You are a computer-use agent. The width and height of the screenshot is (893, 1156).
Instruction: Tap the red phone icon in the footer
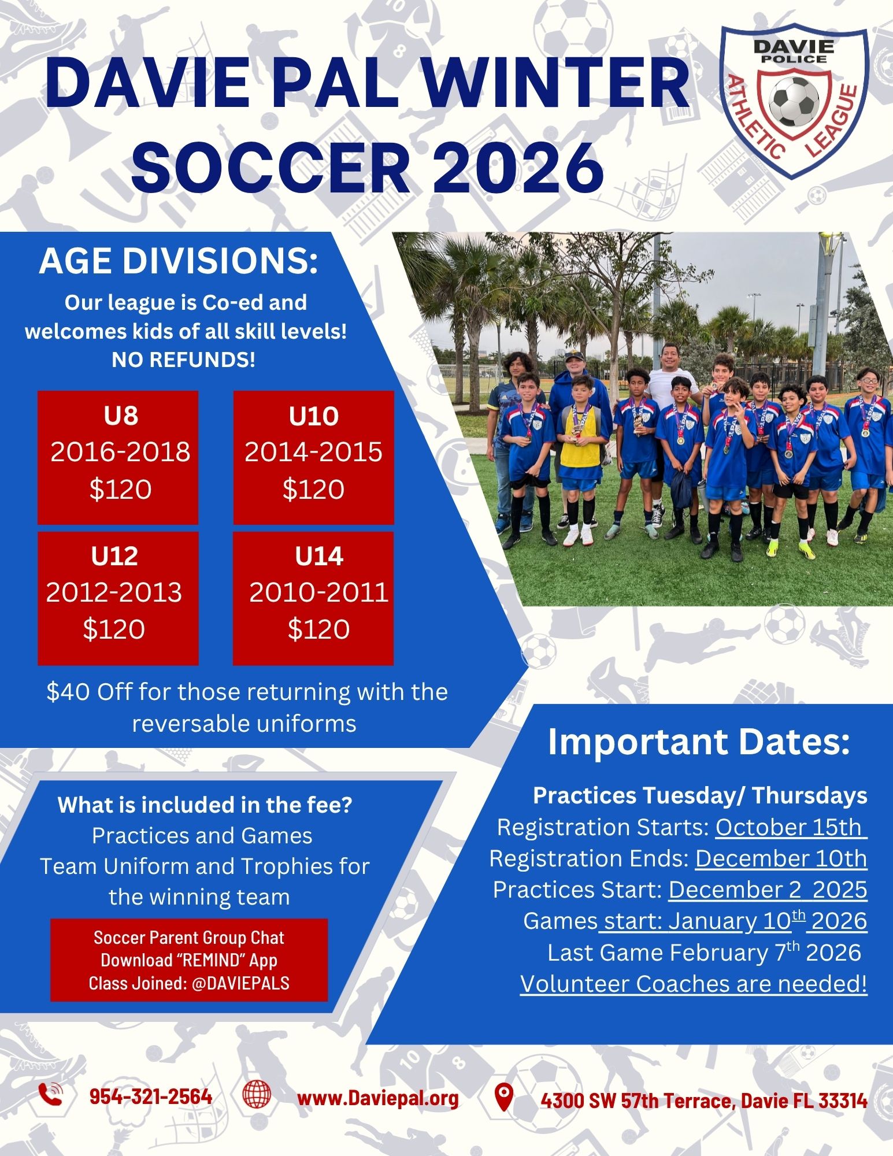50,1094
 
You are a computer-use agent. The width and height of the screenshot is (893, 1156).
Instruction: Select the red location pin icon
505,1096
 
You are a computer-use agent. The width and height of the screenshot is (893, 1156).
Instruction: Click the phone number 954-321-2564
151,1096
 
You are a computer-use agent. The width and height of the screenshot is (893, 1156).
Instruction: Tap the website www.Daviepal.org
378,1098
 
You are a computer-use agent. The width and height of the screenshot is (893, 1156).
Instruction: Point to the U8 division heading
121,416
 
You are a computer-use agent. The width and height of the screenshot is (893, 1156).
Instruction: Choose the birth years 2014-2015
313,452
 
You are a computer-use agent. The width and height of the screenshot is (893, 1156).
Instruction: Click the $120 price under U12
114,629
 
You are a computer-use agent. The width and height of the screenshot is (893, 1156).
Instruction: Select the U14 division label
319,556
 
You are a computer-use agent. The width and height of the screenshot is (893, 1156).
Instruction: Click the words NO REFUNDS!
183,360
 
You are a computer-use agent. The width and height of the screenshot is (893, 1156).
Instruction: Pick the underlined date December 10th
781,858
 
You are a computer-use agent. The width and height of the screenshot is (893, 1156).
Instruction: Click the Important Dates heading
699,742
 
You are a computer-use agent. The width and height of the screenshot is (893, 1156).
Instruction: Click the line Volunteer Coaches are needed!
694,984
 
